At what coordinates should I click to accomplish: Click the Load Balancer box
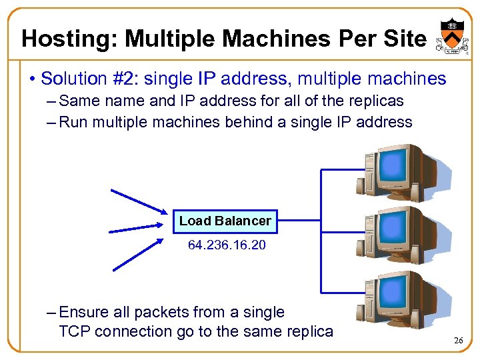(x=225, y=221)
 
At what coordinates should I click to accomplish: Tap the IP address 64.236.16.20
(x=227, y=245)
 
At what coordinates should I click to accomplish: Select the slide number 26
(x=458, y=341)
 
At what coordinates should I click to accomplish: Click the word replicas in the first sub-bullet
(x=378, y=101)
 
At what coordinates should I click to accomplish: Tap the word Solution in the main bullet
(x=69, y=79)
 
